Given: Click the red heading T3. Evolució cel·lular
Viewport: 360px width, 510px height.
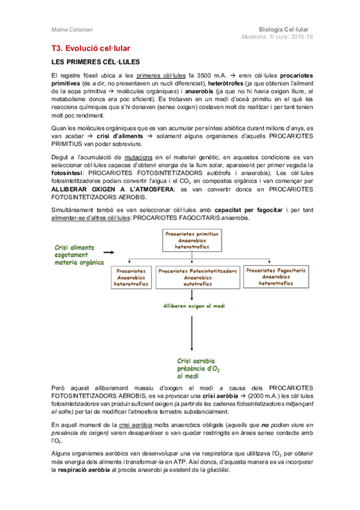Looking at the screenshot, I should click(90, 48).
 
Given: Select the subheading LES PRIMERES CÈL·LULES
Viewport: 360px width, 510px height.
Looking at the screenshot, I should click(96, 63).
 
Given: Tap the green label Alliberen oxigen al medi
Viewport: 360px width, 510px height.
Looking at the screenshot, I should click(192, 306).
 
